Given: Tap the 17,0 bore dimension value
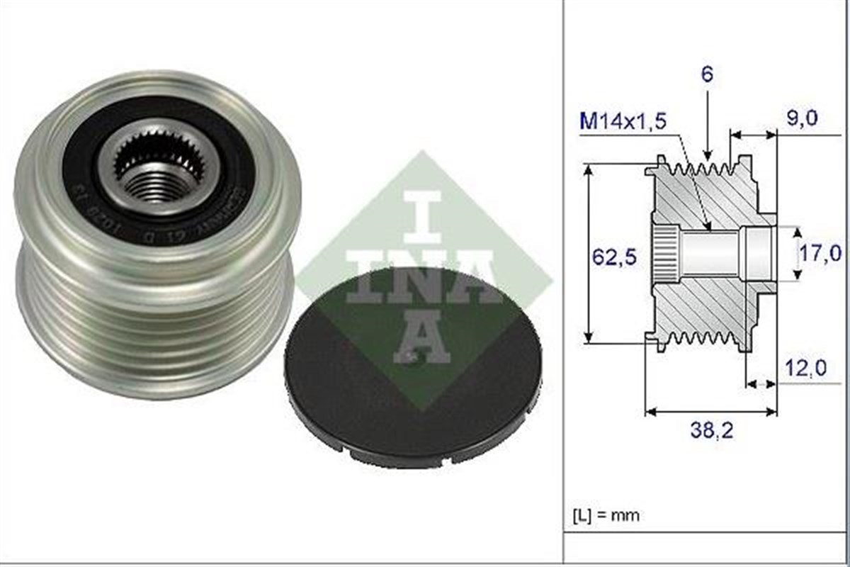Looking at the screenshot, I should [x=822, y=252].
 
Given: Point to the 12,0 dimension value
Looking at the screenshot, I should [x=805, y=368].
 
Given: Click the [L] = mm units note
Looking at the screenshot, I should [x=606, y=515].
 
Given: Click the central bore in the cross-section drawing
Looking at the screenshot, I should [x=708, y=254].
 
